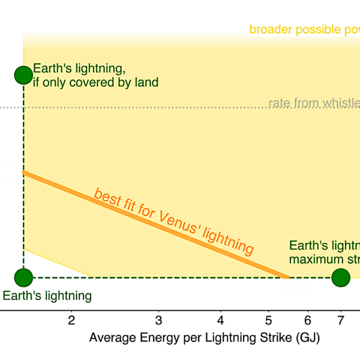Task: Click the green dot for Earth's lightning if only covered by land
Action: click(23, 74)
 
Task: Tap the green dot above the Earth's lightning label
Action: click(23, 278)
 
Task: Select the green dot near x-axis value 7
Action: click(340, 278)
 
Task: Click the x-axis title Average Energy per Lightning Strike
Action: click(204, 338)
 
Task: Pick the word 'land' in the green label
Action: click(146, 82)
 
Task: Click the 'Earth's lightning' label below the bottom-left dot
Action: click(47, 295)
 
